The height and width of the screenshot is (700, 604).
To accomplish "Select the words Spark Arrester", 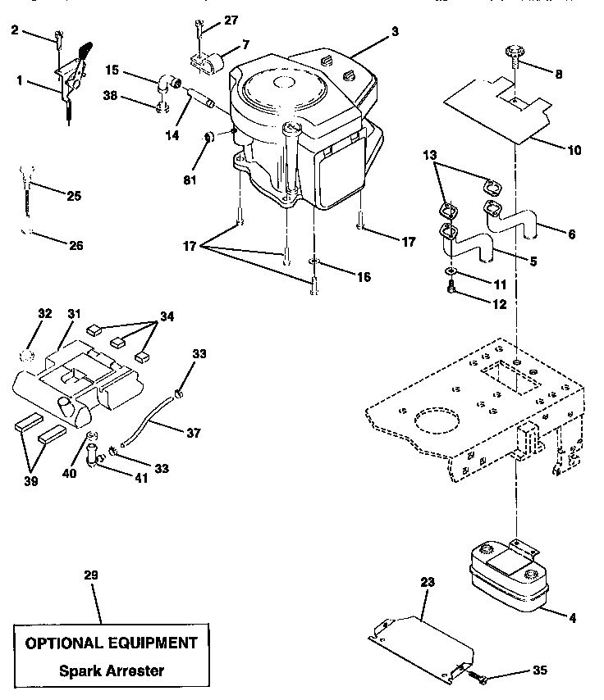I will (112, 670).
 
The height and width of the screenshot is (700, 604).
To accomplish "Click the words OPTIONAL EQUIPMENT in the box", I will (112, 643).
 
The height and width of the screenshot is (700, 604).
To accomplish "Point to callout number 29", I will (91, 576).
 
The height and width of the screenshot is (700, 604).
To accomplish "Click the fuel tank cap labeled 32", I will (25, 355).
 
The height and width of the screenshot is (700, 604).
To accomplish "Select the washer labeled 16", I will (314, 264).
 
